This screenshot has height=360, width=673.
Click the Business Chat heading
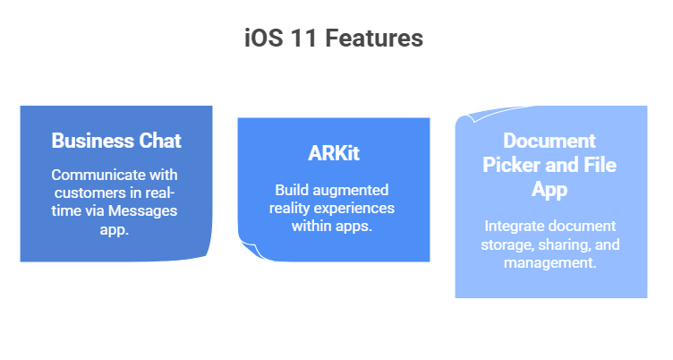(x=116, y=141)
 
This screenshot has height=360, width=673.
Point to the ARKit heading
(x=334, y=153)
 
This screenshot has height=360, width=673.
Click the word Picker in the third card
(x=514, y=165)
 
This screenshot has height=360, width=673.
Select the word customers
(x=90, y=193)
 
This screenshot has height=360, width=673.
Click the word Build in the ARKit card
(x=293, y=190)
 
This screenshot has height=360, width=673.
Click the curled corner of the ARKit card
(x=247, y=252)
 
